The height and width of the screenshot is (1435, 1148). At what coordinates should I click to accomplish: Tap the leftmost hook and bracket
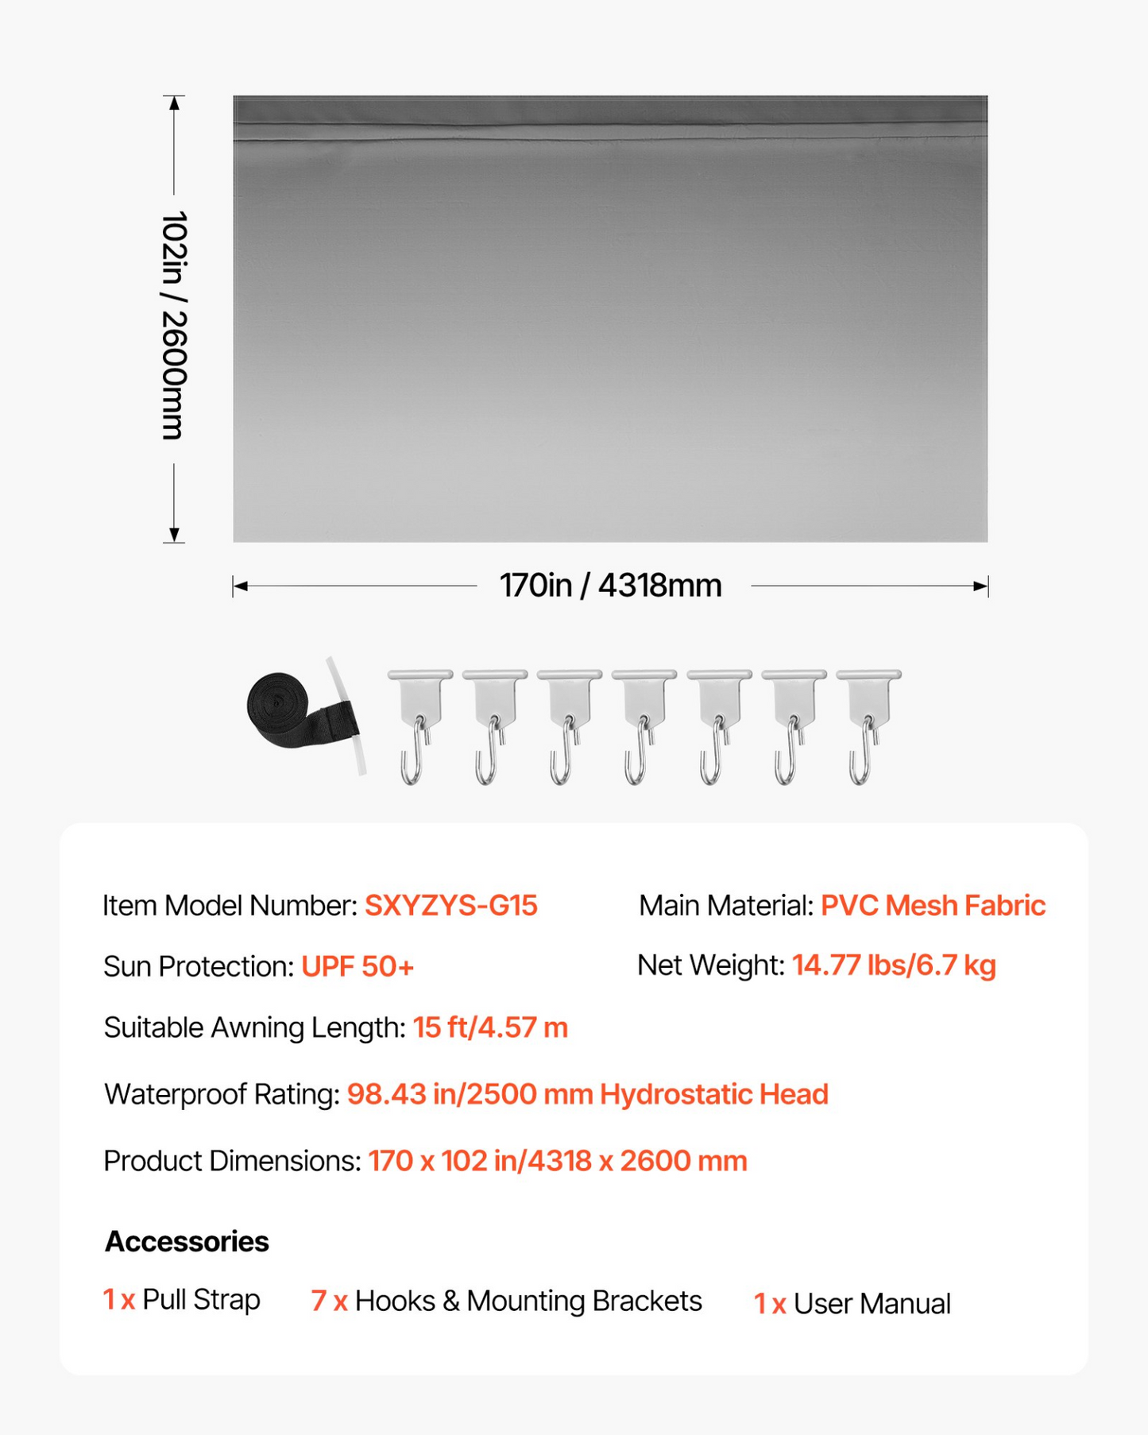[x=419, y=723]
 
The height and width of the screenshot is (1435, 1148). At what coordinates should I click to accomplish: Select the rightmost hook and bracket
[x=868, y=723]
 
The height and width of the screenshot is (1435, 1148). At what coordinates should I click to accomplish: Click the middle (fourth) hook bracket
[x=643, y=723]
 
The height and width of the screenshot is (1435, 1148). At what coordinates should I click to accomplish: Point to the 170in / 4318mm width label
[x=610, y=586]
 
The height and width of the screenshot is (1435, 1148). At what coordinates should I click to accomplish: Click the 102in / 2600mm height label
[x=174, y=326]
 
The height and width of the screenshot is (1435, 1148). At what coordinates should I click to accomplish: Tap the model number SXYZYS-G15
[x=450, y=906]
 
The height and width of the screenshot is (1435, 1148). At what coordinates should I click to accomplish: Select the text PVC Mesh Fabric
[x=933, y=906]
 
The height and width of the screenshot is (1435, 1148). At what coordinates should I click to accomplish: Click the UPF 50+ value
[x=358, y=967]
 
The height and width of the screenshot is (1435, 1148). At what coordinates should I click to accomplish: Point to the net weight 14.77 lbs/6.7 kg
[x=894, y=965]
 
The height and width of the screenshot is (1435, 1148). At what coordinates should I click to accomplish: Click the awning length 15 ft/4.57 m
[x=490, y=1028]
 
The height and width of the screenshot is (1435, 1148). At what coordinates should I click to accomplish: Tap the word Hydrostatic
[x=675, y=1095]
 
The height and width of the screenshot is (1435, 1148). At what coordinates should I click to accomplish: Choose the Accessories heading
[x=187, y=1242]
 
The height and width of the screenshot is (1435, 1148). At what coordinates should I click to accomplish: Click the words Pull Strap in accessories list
[x=201, y=1300]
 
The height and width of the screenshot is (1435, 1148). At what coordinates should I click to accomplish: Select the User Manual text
[x=872, y=1304]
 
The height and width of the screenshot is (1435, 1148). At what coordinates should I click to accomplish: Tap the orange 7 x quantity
[x=329, y=1302]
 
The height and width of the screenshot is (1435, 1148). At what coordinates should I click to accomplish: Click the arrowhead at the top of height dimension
[x=174, y=102]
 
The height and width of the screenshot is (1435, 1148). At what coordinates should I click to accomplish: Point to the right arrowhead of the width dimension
[x=981, y=586]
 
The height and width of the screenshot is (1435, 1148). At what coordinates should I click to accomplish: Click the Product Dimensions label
[x=232, y=1162]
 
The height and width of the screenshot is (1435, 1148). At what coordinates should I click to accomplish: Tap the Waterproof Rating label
[x=222, y=1095]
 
